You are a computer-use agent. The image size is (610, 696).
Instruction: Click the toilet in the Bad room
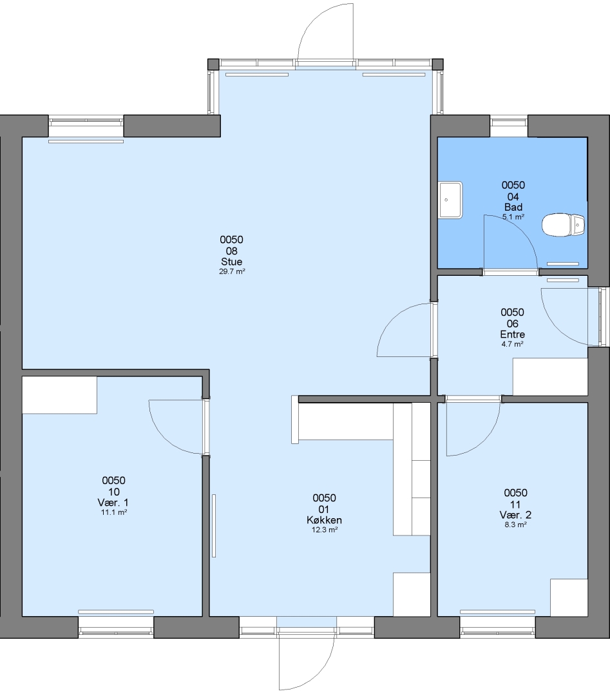563,225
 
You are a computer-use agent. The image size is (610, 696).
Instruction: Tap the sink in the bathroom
450,200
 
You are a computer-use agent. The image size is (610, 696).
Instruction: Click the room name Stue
232,262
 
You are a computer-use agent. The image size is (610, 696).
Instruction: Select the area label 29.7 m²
232,272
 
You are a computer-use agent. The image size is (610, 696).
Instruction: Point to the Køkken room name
324,520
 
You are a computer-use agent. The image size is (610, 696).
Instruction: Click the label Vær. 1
113,503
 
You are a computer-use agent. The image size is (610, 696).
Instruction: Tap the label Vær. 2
515,515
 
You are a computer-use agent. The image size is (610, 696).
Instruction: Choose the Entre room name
512,334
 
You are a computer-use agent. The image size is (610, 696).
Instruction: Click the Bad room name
513,207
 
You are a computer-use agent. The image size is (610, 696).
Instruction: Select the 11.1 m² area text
114,512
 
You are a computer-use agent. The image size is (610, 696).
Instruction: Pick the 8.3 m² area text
515,525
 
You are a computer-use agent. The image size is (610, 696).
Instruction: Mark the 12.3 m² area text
325,530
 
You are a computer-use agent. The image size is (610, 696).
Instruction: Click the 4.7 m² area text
512,344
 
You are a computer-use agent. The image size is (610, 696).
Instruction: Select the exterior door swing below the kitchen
319,681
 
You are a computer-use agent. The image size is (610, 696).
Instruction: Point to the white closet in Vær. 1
59,395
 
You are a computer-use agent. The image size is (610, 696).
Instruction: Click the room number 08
232,251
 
